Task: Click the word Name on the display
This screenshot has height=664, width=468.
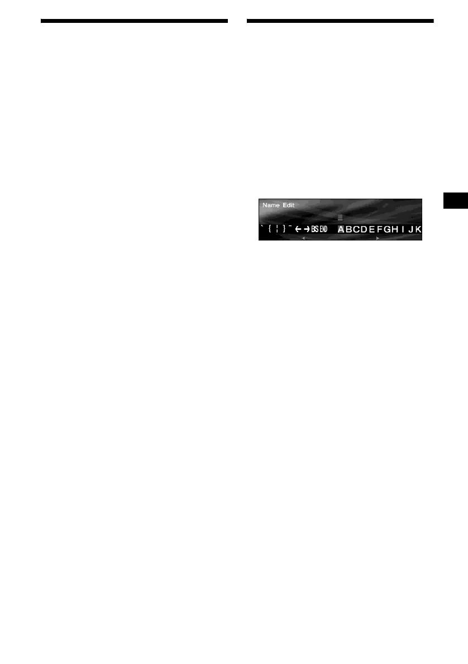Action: point(271,205)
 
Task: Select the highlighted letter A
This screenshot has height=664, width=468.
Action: point(341,229)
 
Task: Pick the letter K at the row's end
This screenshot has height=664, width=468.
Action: point(418,229)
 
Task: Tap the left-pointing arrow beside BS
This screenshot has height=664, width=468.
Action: point(298,229)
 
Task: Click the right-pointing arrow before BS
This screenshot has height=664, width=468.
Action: point(307,229)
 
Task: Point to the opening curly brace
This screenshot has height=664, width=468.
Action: point(269,229)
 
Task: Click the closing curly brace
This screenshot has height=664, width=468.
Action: point(284,229)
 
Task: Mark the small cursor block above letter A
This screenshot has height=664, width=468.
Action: point(340,218)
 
